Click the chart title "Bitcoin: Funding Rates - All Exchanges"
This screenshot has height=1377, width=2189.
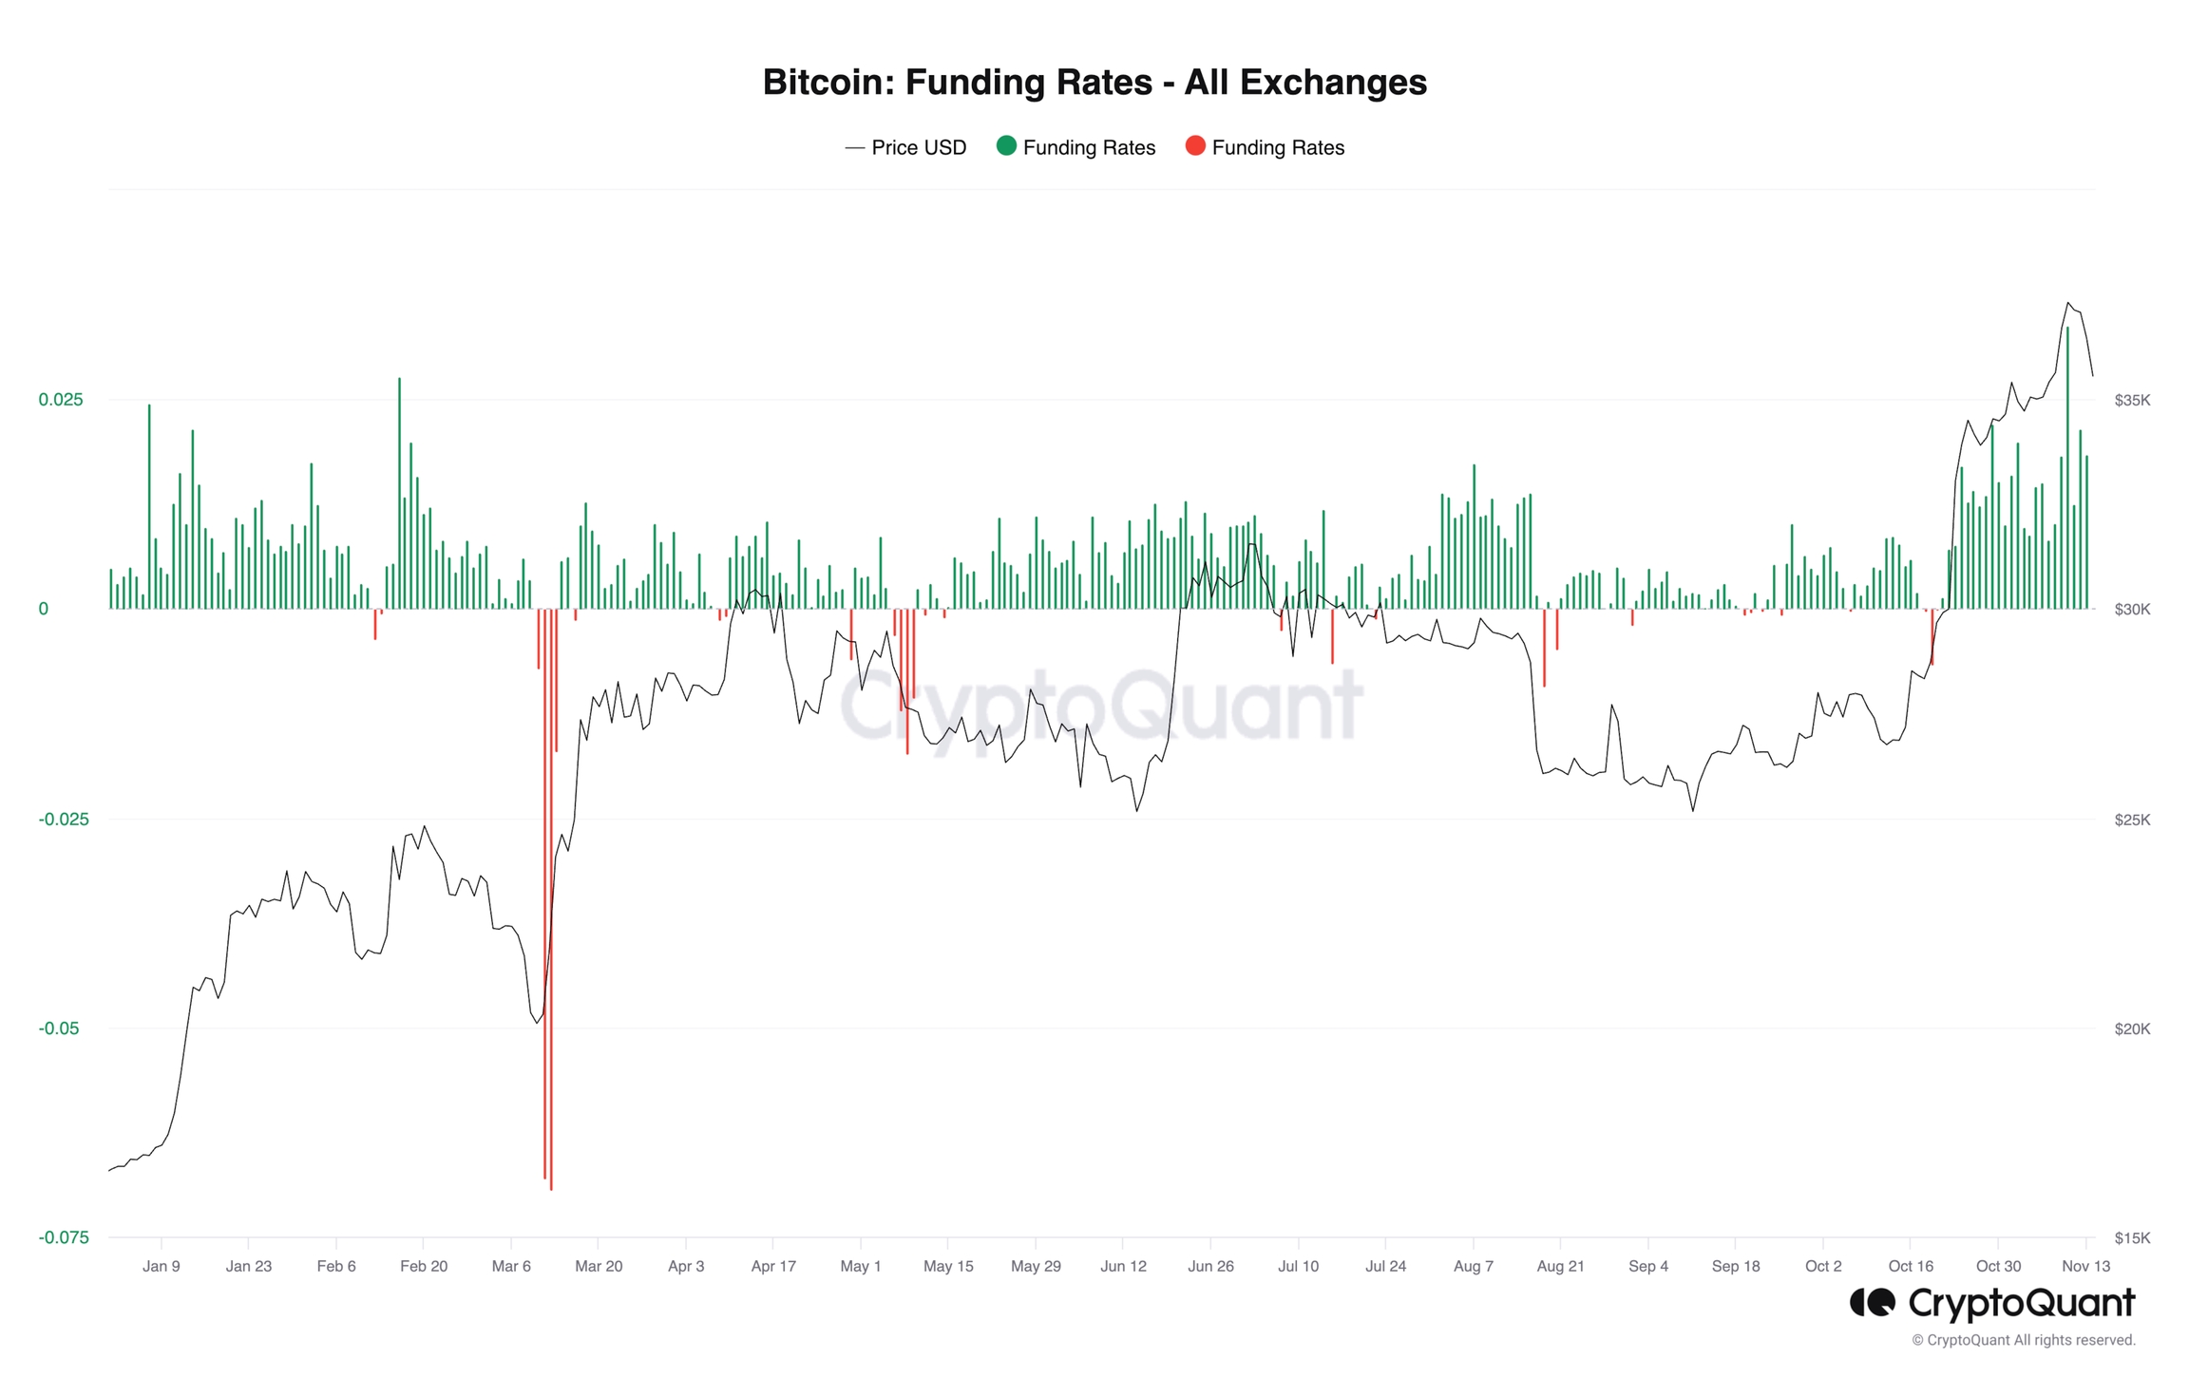pyautogui.click(x=1094, y=83)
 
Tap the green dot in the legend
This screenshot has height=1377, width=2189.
pyautogui.click(x=1006, y=146)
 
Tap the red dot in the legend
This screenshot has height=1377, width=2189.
pyautogui.click(x=1195, y=146)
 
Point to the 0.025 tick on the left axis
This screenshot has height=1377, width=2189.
pyautogui.click(x=61, y=400)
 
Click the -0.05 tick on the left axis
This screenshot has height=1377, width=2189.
pyautogui.click(x=59, y=1028)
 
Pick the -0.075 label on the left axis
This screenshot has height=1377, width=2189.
pyautogui.click(x=63, y=1237)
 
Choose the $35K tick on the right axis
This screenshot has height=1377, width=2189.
pyautogui.click(x=2132, y=400)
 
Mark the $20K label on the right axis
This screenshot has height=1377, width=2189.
pyautogui.click(x=2132, y=1028)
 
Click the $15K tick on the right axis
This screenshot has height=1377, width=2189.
pyautogui.click(x=2132, y=1237)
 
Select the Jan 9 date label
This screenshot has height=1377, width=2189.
pyautogui.click(x=162, y=1266)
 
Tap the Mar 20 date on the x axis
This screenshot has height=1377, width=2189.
pyautogui.click(x=599, y=1266)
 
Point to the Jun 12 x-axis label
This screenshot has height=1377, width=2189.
pyautogui.click(x=1123, y=1266)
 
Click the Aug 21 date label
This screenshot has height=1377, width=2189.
pyautogui.click(x=1560, y=1266)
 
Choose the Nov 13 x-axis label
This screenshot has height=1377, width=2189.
pyautogui.click(x=2085, y=1266)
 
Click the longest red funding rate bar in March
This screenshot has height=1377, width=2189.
pyautogui.click(x=551, y=902)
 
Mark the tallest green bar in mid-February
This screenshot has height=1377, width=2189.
pyautogui.click(x=399, y=494)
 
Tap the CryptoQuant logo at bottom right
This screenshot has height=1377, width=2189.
pyautogui.click(x=1991, y=1303)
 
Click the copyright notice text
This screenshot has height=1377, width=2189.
pyautogui.click(x=2024, y=1340)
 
